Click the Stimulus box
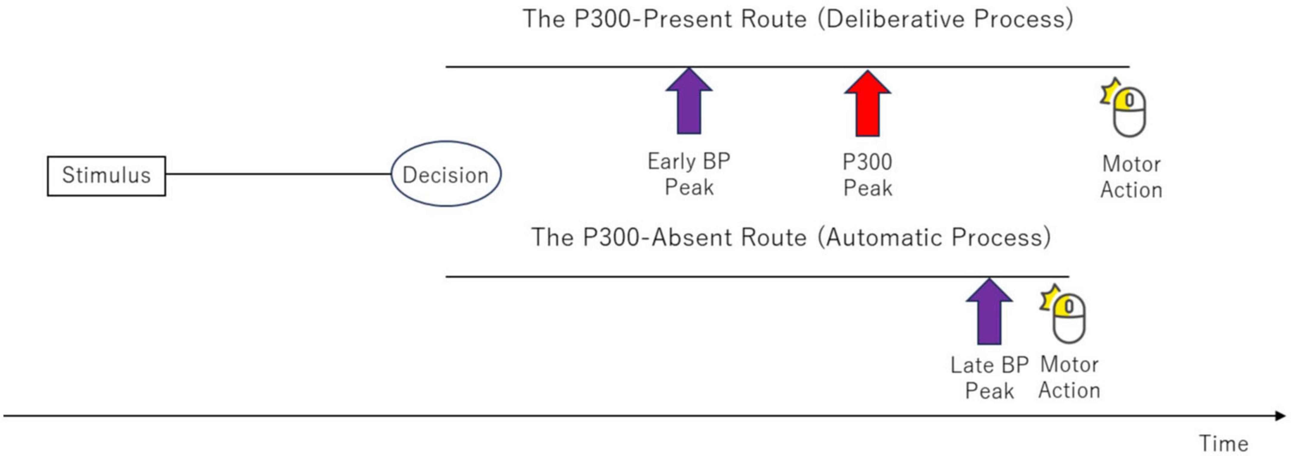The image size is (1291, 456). click(x=106, y=176)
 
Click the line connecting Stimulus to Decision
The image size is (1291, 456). click(x=278, y=174)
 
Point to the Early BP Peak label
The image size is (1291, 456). click(x=688, y=174)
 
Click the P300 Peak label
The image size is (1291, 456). click(x=867, y=175)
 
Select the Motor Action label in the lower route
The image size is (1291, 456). click(x=1069, y=377)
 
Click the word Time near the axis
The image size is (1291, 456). click(x=1223, y=443)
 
